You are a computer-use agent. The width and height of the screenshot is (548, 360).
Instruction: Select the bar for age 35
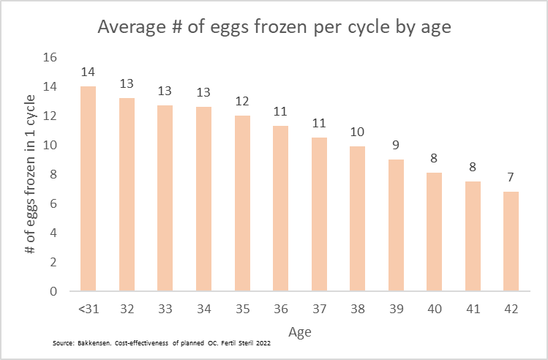(x=241, y=203)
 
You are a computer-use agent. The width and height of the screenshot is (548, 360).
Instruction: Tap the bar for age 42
(x=511, y=241)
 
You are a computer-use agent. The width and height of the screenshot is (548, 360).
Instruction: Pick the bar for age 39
(x=395, y=225)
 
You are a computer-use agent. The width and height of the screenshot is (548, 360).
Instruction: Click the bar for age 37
(x=318, y=214)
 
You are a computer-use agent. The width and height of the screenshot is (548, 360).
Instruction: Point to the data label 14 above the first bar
(x=87, y=72)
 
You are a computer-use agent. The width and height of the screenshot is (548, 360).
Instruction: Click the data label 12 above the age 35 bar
(x=241, y=101)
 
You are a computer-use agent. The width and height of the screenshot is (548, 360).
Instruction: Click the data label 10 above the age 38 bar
(x=357, y=132)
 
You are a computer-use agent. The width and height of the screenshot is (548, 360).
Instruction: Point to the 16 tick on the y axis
(x=50, y=58)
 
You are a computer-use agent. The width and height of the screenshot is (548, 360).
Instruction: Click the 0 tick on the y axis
(x=53, y=291)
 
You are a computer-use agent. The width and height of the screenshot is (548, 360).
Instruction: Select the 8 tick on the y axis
(x=53, y=174)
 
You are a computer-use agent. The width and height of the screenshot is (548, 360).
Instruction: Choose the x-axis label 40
(x=434, y=309)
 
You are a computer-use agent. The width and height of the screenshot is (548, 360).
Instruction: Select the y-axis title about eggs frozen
(x=31, y=174)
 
